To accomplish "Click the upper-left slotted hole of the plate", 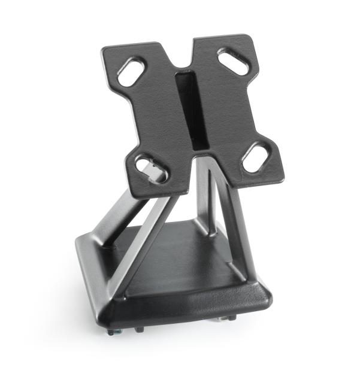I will pos(132,71).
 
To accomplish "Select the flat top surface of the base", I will pos(180,251).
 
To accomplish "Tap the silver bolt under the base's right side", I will pos(230,319).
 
